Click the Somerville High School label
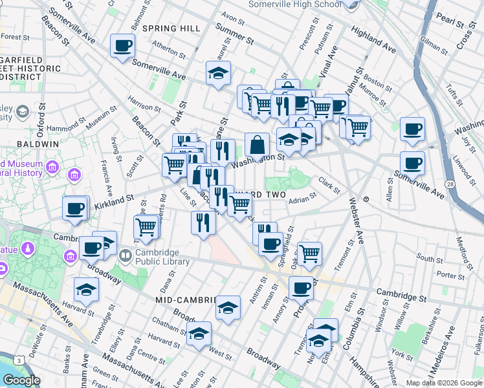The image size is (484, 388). tap(294, 5)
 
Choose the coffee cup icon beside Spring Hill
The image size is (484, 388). tap(122, 47)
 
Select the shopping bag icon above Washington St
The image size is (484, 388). tap(257, 146)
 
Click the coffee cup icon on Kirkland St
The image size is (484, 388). tap(75, 210)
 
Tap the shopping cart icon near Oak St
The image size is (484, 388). tap(310, 253)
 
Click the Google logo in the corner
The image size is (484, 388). tap(21, 380)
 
